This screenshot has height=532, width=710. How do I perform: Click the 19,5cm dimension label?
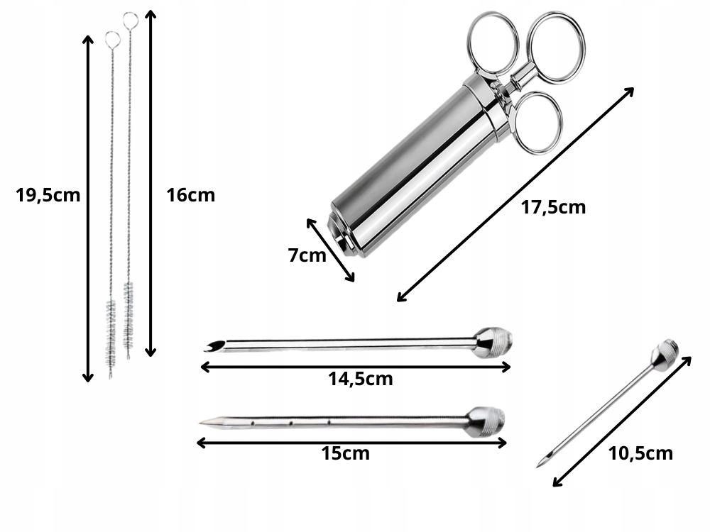[48, 196]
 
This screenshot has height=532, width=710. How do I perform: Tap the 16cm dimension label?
[190, 195]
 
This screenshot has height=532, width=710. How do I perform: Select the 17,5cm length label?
[553, 207]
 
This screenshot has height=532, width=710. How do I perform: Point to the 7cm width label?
[307, 255]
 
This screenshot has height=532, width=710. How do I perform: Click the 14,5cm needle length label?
[361, 379]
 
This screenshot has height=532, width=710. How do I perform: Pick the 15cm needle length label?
[346, 453]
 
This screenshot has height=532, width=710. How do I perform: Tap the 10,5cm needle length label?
[640, 453]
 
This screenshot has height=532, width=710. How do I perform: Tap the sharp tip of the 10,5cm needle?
[538, 467]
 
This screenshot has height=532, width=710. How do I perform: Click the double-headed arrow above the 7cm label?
[330, 250]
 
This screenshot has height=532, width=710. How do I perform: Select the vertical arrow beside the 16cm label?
[151, 183]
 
